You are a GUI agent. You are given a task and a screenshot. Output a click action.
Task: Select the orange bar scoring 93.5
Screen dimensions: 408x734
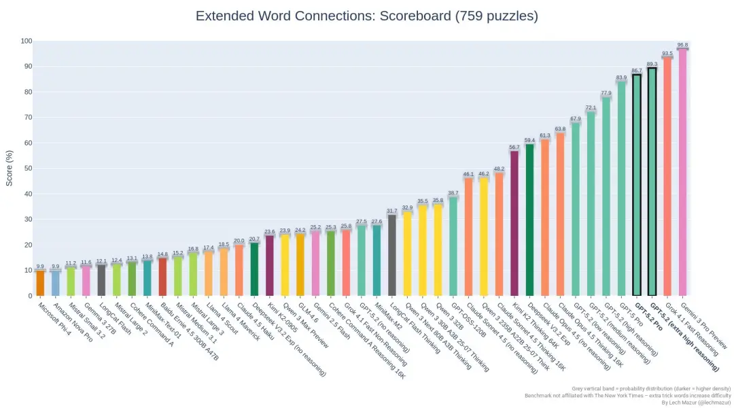(x=667, y=177)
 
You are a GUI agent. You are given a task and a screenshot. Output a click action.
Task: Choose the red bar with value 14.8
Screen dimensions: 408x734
(x=162, y=277)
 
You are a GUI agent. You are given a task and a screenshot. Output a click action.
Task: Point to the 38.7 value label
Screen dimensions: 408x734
(x=453, y=193)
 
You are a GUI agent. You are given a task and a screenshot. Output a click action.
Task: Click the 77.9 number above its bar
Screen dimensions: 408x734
(x=606, y=93)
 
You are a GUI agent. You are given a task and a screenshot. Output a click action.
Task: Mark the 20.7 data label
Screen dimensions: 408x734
(x=254, y=239)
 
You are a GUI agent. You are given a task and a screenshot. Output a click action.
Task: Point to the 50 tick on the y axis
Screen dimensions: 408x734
(x=27, y=169)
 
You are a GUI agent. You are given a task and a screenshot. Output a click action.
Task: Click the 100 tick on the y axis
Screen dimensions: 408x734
(x=26, y=41)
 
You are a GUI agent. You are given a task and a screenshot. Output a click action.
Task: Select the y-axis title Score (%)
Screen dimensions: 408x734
(x=10, y=168)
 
